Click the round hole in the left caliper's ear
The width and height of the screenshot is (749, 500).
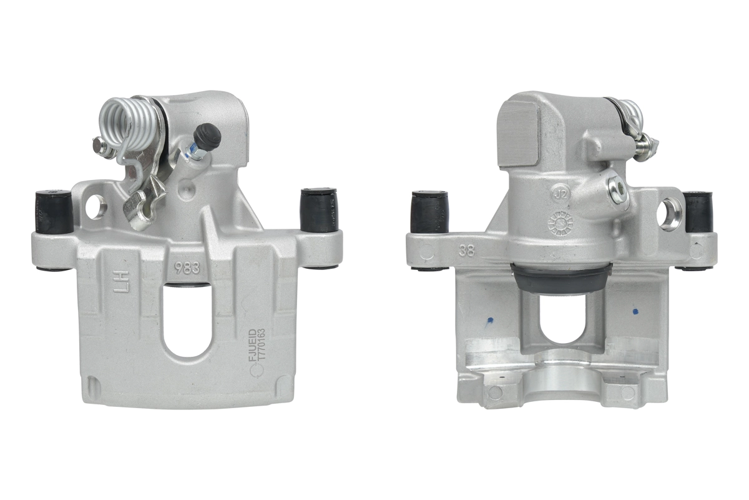click(x=95, y=207)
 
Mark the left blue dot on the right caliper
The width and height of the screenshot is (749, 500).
click(x=490, y=320)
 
